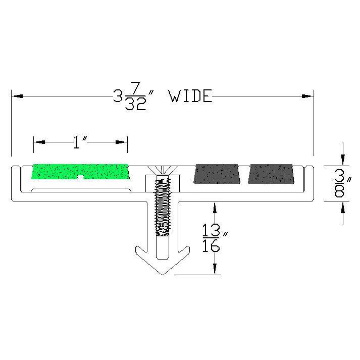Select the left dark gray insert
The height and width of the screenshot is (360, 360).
219,173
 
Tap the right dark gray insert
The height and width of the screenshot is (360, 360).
271,173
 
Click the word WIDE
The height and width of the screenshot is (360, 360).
190,96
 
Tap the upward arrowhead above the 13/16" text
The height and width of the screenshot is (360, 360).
216,208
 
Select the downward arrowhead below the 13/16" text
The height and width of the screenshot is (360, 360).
216,270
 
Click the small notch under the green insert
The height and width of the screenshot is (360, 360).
81,177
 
